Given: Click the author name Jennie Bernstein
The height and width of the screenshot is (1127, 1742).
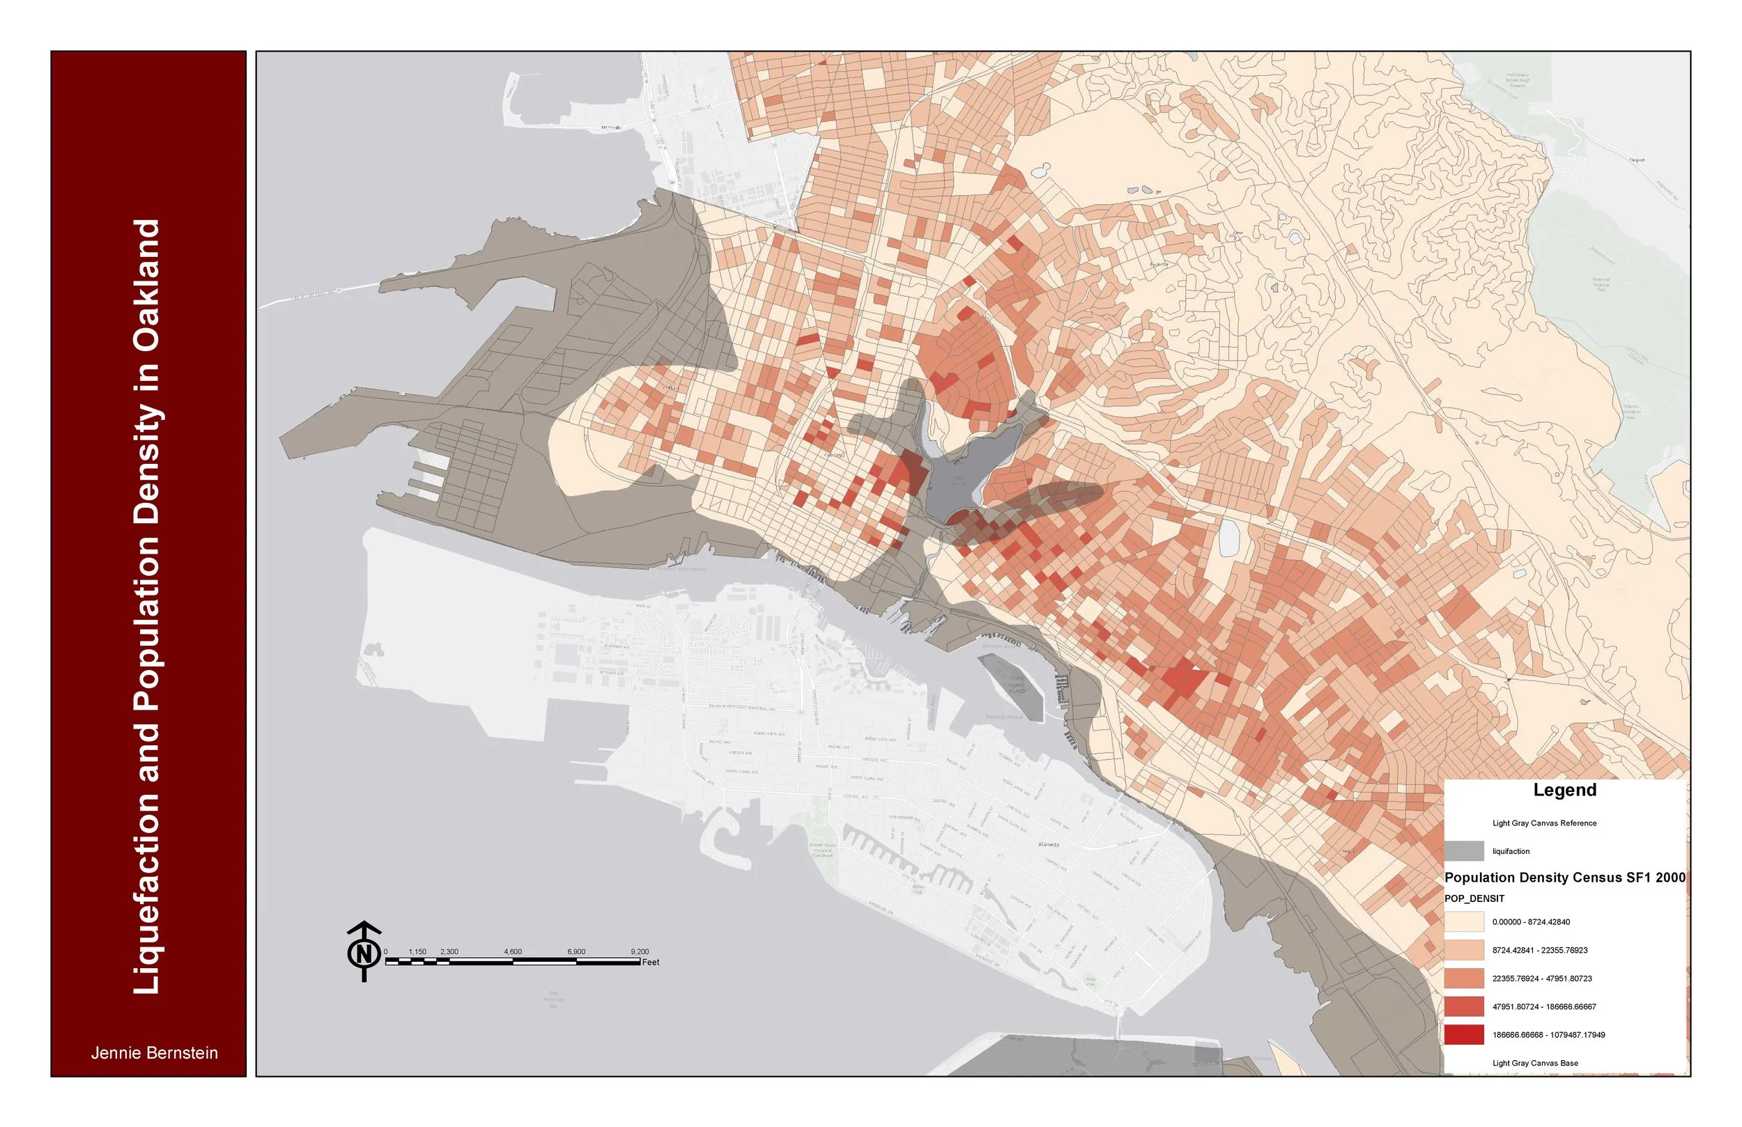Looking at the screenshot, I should click(x=155, y=1053).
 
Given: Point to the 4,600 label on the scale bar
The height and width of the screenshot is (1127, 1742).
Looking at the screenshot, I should click(x=512, y=952).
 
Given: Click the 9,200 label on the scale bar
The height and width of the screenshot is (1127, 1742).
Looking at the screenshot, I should click(x=639, y=952).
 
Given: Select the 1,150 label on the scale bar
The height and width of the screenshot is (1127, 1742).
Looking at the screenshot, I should click(x=417, y=952).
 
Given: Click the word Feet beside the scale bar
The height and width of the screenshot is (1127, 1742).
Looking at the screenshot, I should click(x=651, y=963).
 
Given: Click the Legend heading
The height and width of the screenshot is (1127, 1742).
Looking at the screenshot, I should click(x=1565, y=791).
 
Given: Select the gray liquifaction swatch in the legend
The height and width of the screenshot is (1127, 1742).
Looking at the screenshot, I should click(x=1464, y=851).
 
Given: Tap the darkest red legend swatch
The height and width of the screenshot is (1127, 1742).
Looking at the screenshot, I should click(x=1464, y=1035).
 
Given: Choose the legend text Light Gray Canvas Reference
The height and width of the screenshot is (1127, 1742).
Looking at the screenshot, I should click(x=1544, y=823).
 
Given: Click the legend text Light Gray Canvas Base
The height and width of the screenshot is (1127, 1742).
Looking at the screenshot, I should click(x=1536, y=1064).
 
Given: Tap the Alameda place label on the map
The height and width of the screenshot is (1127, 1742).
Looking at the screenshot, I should click(x=1049, y=844).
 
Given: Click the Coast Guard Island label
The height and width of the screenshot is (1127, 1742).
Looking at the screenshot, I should click(x=1017, y=685).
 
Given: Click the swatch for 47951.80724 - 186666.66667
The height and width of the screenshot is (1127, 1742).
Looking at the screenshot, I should click(x=1464, y=1007).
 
